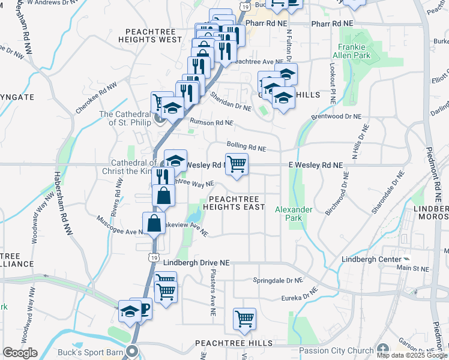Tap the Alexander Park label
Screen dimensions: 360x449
coord(294,214)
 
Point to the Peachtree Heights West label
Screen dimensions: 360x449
coord(153,35)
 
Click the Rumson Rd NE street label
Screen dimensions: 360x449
coord(211,122)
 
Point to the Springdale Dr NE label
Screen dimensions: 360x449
coord(277,280)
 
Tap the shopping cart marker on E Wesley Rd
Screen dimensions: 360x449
coord(237,164)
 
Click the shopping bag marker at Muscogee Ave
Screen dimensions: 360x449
coord(154,223)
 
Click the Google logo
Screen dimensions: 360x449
coord(20,353)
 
